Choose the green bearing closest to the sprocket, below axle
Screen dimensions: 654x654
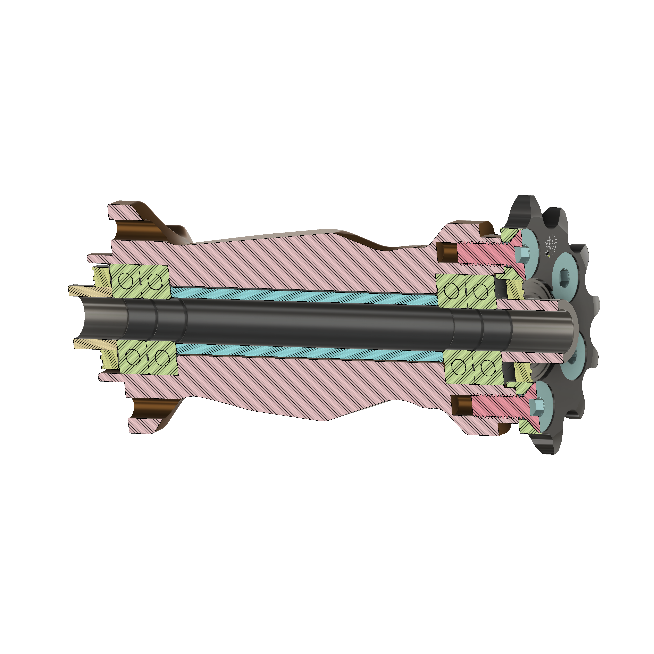click(487, 367)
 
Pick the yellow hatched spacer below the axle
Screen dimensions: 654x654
click(95, 344)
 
